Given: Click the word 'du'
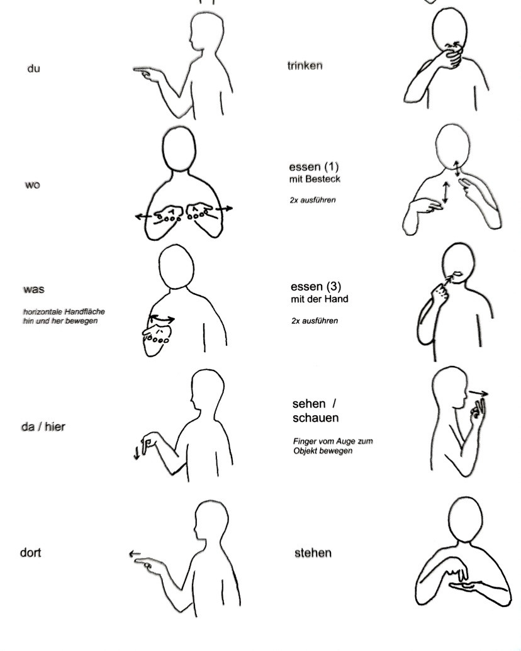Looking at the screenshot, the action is (33, 69).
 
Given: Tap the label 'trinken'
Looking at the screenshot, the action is (305, 65).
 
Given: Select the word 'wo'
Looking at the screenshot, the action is (33, 185).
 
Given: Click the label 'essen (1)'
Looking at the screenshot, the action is (314, 167).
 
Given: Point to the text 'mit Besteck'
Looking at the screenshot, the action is (315, 179).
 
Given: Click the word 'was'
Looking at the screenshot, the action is (33, 289).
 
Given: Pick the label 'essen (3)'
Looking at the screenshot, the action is (316, 286).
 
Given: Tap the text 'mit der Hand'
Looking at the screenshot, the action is (319, 299).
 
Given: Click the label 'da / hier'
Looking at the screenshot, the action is (43, 427).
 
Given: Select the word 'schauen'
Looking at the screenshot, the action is (315, 418).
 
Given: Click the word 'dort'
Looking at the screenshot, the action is (30, 553).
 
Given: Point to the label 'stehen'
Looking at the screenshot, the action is (313, 553).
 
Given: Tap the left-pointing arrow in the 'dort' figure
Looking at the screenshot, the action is (135, 554).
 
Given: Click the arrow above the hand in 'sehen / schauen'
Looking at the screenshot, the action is (479, 393).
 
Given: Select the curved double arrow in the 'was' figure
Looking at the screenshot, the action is (162, 319).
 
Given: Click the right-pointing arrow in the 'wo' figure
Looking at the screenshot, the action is (225, 208).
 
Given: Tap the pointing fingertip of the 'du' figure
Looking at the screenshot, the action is (135, 70).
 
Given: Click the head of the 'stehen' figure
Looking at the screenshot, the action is (466, 520).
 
